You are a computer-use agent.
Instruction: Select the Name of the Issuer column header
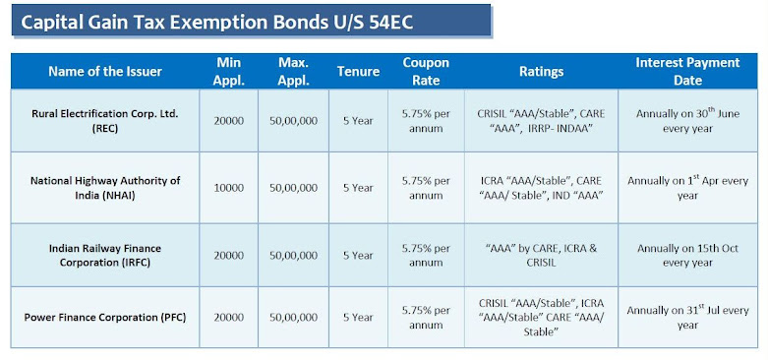tap(105, 72)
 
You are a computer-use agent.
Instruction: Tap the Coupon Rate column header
tap(426, 71)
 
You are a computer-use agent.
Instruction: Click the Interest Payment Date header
tap(687, 71)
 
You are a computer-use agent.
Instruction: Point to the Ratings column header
tap(541, 72)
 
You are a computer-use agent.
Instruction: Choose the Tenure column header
tap(358, 72)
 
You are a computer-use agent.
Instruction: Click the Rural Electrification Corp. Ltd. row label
tap(105, 121)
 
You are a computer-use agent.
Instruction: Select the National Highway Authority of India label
tap(105, 188)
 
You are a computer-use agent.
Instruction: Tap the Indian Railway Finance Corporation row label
tap(105, 256)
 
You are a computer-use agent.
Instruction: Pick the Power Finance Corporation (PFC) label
tap(105, 318)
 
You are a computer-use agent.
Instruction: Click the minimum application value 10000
tap(228, 188)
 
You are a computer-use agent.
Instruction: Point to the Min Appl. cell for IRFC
tap(228, 256)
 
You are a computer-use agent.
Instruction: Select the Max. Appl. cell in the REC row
tap(293, 121)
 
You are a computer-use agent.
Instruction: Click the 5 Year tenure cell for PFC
tap(358, 318)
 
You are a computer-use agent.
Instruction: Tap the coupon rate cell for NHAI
tap(426, 188)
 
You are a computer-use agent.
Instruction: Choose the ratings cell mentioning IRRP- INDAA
tap(541, 121)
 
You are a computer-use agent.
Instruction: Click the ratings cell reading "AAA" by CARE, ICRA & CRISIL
tap(541, 256)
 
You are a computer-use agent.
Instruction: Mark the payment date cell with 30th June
tap(687, 121)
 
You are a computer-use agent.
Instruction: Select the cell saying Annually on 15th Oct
tap(687, 256)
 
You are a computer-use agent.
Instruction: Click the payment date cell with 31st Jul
tap(687, 318)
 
